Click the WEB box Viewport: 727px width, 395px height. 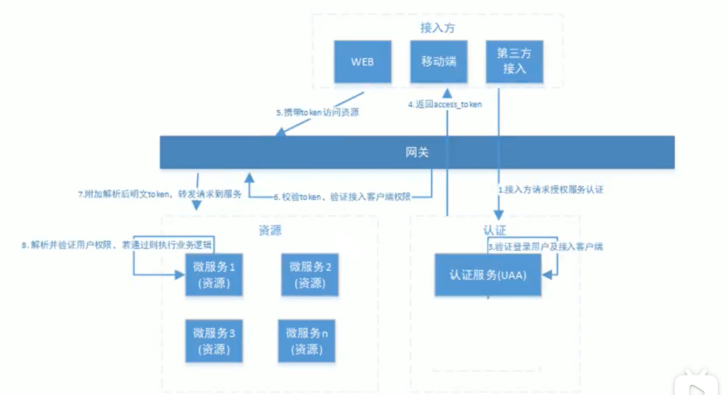(363, 61)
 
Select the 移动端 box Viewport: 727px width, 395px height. (439, 61)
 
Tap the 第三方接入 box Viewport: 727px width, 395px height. (514, 61)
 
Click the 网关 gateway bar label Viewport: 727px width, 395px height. (417, 152)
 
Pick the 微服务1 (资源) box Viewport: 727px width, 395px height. (214, 274)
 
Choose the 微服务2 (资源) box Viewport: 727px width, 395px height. (310, 274)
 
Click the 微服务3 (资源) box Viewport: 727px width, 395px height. (214, 341)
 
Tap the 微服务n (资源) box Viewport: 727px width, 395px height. (307, 341)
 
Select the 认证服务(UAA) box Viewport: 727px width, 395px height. (488, 275)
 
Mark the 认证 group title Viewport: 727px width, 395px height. (495, 230)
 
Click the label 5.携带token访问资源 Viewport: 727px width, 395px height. (317, 113)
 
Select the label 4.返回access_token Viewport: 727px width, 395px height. (445, 104)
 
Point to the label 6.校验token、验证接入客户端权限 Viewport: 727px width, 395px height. (342, 197)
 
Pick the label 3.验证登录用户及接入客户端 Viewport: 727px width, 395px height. (545, 247)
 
